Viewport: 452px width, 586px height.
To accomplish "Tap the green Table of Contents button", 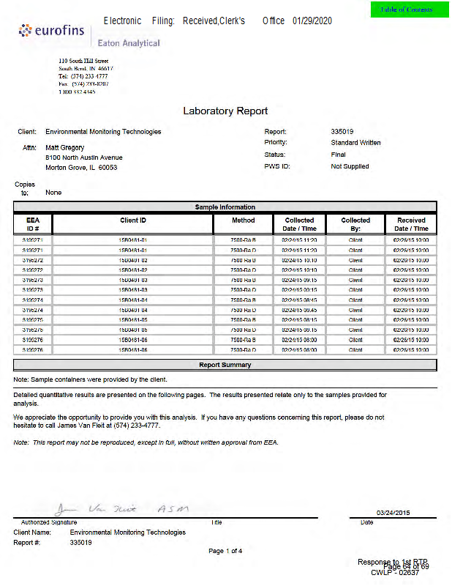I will click(x=407, y=10).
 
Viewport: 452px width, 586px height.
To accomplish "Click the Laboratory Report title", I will click(x=225, y=111).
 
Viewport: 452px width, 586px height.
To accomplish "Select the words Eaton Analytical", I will click(x=129, y=43).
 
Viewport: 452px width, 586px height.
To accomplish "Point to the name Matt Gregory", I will click(x=65, y=147).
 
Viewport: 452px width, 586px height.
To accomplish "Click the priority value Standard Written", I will click(x=355, y=143).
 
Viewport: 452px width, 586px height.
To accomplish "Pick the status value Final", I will click(x=339, y=155).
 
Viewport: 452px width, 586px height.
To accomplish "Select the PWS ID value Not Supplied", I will click(x=350, y=166).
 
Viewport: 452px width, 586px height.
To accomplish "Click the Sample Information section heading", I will click(x=225, y=207).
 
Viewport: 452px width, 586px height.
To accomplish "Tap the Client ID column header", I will click(x=133, y=220).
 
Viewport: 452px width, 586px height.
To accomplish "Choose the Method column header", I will click(x=244, y=220).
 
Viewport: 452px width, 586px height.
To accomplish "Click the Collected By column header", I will click(x=355, y=224).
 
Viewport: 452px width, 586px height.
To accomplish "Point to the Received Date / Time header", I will click(x=412, y=224).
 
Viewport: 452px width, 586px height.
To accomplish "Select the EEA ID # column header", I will click(x=33, y=224).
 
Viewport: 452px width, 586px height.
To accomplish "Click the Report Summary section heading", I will click(x=225, y=365).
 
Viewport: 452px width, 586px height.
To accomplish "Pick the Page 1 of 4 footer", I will click(x=225, y=551).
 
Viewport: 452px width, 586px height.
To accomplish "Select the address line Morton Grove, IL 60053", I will click(x=80, y=168).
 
